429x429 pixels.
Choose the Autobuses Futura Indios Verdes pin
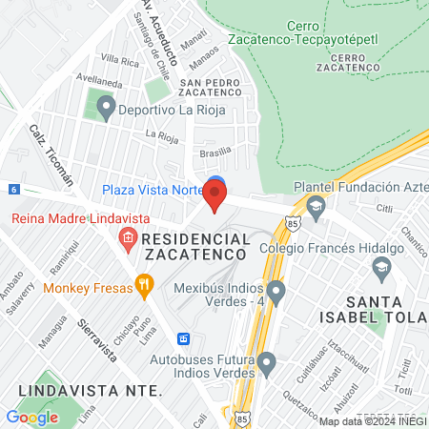click(x=267, y=362)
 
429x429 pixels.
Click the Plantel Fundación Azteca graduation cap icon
click(x=316, y=206)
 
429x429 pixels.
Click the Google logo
click(x=31, y=417)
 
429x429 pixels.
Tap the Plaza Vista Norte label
click(x=153, y=190)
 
